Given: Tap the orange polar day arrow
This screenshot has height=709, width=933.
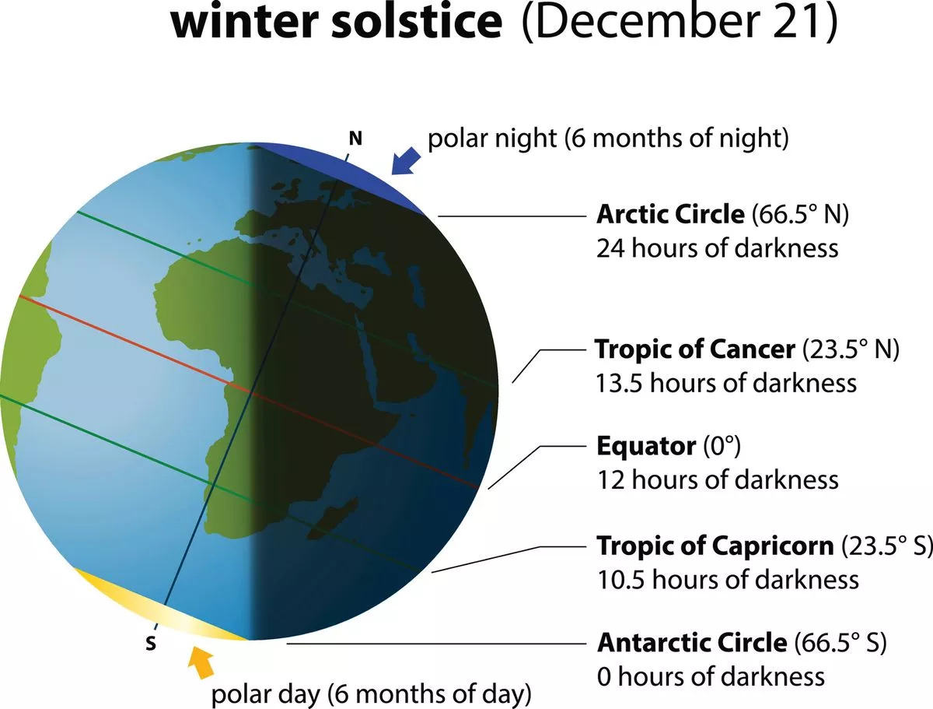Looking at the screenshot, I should [x=201, y=662].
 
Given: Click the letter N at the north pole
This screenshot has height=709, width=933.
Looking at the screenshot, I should [x=355, y=139].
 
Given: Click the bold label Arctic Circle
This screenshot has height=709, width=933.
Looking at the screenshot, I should [x=670, y=214].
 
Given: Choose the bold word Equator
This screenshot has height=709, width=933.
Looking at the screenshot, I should [x=645, y=446].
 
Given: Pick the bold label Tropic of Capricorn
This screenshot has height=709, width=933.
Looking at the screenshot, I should [x=715, y=546].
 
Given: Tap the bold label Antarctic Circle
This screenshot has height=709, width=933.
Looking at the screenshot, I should [x=692, y=643].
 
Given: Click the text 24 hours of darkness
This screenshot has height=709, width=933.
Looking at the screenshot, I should [x=717, y=248].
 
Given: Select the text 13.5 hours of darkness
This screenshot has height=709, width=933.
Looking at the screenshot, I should [x=726, y=383].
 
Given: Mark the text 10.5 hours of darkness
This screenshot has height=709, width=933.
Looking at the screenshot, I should [x=727, y=579].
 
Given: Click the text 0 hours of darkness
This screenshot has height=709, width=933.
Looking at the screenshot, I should [x=711, y=676].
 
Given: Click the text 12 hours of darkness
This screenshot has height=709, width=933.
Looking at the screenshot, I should [x=717, y=479].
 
